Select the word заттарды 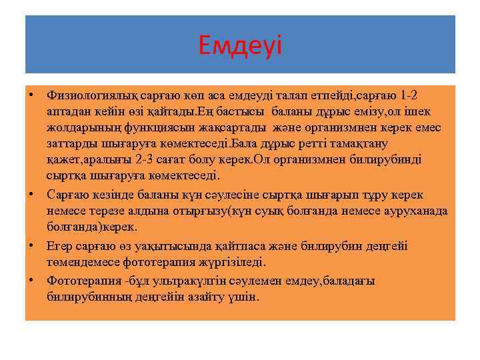69,144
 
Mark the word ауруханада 417,211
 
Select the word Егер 59,246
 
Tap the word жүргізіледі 230,263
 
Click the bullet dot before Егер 31,245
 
